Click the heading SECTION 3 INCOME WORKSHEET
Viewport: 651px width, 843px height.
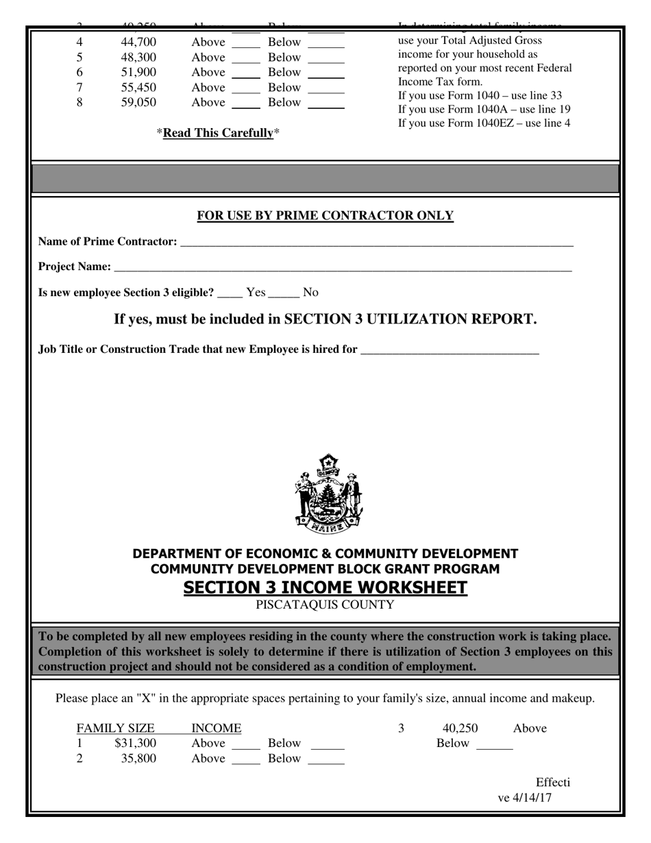pos(325,587)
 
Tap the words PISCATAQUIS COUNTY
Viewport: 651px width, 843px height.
pos(325,604)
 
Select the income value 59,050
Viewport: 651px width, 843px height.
pos(138,102)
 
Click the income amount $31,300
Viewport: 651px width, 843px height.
pos(136,743)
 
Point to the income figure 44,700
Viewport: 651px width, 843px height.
pos(138,42)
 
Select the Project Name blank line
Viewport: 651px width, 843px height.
pos(343,267)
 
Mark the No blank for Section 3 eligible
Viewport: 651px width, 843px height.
pos(284,293)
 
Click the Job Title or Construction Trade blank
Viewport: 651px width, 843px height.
pos(450,350)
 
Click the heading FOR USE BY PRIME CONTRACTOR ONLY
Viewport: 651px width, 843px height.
pos(325,216)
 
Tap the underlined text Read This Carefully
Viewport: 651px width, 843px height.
pos(218,133)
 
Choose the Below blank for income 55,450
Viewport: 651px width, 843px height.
pos(326,88)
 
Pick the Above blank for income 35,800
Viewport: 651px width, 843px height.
pos(246,759)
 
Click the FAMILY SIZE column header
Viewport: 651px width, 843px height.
pos(115,728)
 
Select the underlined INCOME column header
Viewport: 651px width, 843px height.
pos(216,728)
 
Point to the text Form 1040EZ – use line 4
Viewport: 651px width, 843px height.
pos(484,123)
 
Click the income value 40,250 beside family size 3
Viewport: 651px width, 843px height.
pos(460,728)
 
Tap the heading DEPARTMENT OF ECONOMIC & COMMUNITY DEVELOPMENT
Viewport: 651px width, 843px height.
pos(325,553)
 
